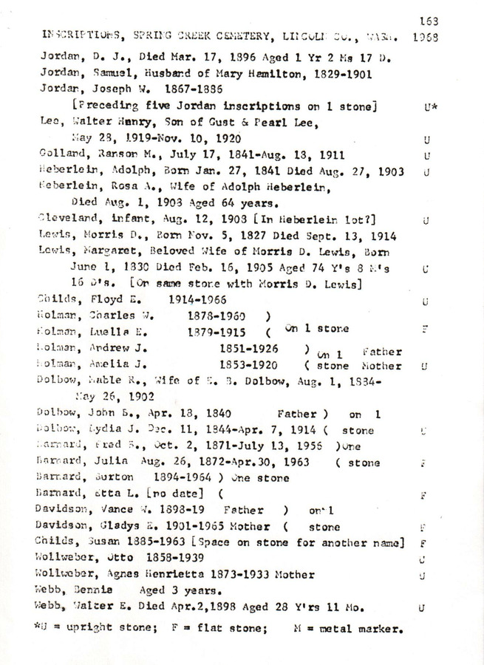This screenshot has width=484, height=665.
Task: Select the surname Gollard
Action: point(57,156)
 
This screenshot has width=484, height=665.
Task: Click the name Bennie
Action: point(89,590)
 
